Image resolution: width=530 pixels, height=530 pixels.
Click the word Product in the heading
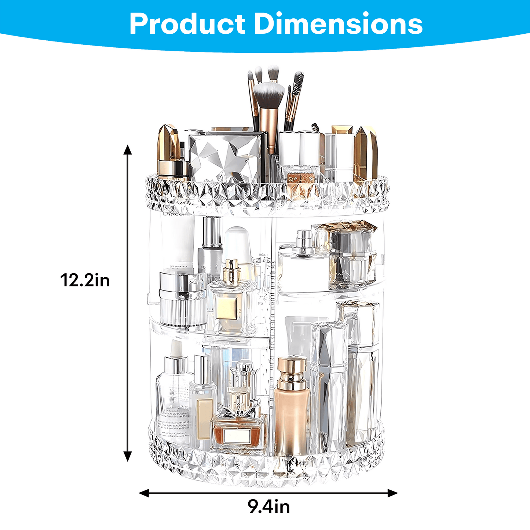187,24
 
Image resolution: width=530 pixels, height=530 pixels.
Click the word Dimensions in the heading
338,24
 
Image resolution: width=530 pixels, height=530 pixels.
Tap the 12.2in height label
85,281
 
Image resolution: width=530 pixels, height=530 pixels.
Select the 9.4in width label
269,507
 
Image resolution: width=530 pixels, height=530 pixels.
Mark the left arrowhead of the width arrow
144,493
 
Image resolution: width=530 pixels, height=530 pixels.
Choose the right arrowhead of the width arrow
393,493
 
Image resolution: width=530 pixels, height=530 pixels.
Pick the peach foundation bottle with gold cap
291,407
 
